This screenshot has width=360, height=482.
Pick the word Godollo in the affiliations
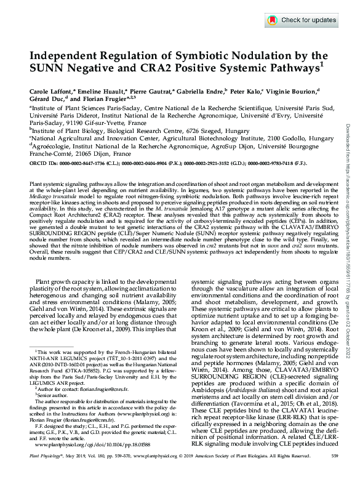pos(294,139)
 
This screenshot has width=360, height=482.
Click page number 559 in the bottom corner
pos(334,473)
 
